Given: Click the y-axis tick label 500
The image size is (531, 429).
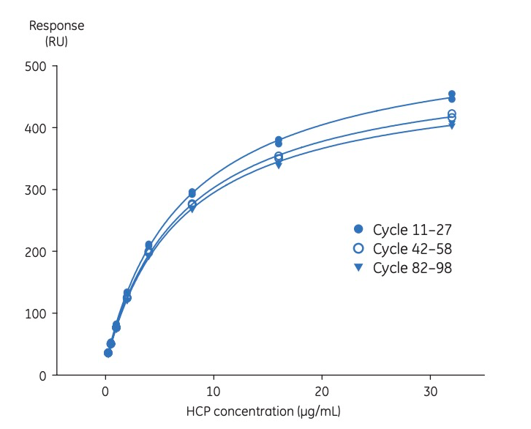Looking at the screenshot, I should coord(36,67).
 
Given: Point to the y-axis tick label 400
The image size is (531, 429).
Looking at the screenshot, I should coord(36,128).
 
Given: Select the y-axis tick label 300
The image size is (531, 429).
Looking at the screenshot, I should coord(36,190).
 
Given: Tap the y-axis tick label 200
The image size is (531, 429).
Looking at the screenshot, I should coord(36,252).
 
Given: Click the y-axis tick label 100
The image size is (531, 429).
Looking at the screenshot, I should coord(36,313).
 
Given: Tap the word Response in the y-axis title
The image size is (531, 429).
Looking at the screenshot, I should coord(56,26).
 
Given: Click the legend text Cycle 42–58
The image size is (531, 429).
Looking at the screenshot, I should coord(412,248).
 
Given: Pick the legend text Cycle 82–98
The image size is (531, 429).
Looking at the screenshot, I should coord(412,268).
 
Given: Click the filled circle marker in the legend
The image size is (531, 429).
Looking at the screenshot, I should coord(358,228).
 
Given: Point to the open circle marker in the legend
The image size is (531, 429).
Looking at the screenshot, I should coord(358,248).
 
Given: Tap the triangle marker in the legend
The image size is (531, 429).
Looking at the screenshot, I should coord(358,268).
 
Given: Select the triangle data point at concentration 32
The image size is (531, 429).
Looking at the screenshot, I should coord(452,125).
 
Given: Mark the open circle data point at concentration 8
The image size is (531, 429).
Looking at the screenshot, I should coord(192,204).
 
